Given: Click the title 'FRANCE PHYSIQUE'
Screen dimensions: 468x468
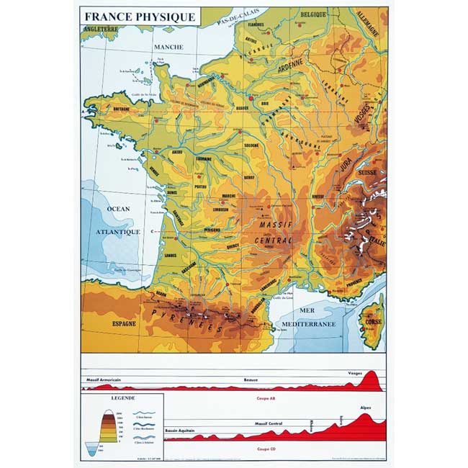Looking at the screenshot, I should coord(140,17).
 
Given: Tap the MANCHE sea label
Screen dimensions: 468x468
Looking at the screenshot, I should coord(168,48).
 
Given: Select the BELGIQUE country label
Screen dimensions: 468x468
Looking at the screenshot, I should coord(313,14).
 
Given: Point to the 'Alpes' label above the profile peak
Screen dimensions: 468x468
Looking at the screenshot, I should coord(366,408).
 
